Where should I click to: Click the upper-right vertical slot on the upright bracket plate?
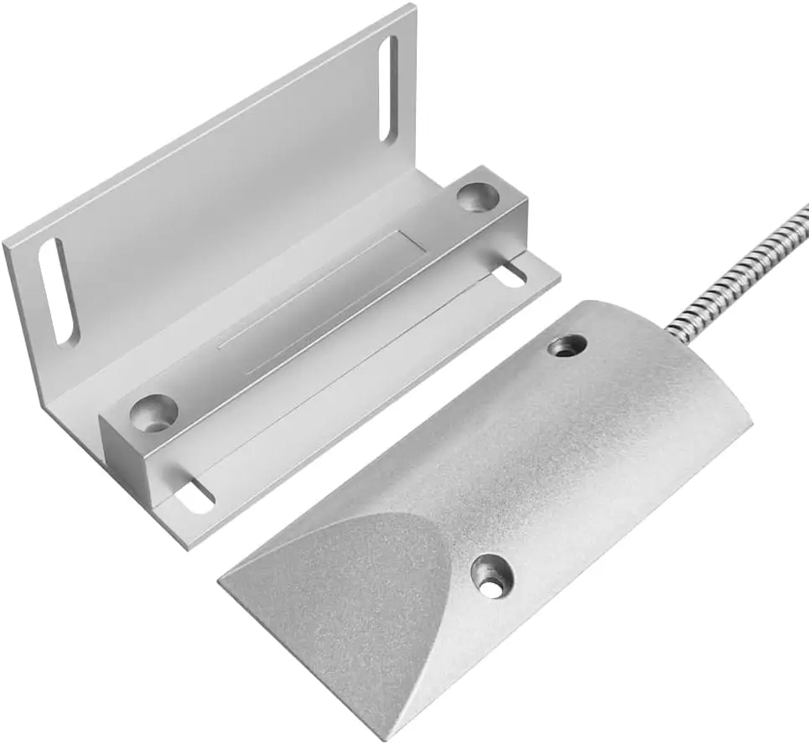(x=388, y=88)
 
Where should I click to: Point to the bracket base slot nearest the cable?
(x=510, y=274)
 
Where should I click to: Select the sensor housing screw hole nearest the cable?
(x=568, y=344)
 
